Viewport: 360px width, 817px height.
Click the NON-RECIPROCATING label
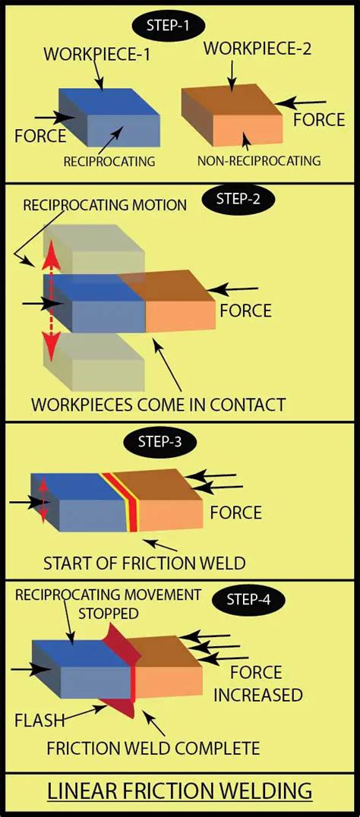point(258,160)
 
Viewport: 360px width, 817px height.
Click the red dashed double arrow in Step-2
point(50,307)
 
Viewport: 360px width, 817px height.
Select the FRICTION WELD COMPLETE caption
point(153,748)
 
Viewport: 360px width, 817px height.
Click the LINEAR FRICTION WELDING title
point(180,791)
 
